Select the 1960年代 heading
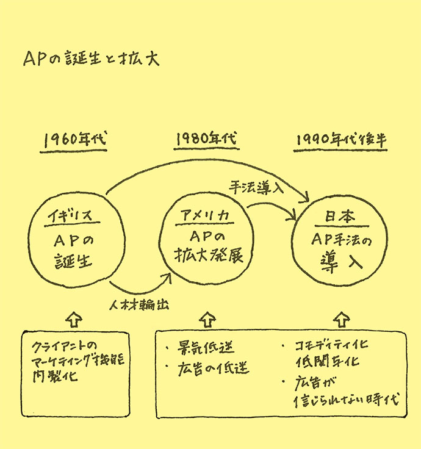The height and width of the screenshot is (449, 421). pos(75,140)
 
